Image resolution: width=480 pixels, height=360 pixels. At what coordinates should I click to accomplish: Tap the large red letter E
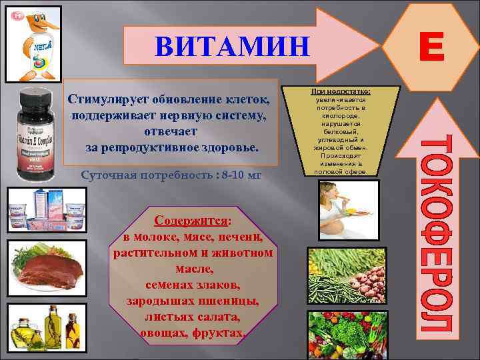[x=432, y=48]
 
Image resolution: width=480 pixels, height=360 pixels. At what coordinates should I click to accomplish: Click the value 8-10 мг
[x=236, y=175]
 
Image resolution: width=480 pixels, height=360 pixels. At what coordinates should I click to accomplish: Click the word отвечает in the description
[x=170, y=131]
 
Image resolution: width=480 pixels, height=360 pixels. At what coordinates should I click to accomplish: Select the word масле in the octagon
[x=193, y=269]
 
